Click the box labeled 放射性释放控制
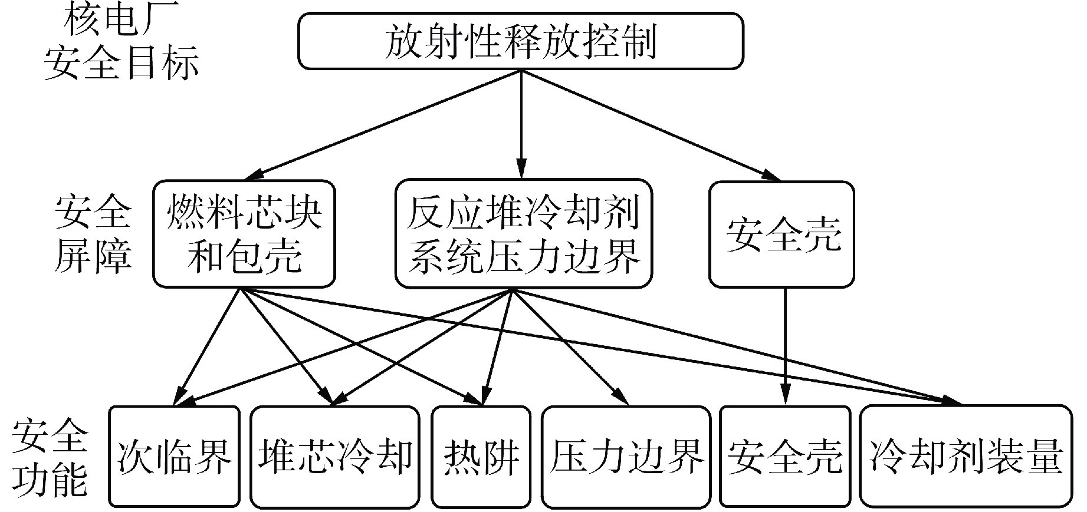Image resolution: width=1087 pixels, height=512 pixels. click(520, 42)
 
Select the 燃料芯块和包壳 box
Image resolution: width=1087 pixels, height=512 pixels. click(244, 234)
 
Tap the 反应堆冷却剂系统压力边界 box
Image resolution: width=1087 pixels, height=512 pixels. click(523, 234)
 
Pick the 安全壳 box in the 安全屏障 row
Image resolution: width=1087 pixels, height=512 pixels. click(781, 234)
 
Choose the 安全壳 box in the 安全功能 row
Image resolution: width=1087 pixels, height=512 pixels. click(785, 456)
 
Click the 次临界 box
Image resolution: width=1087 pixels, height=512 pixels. click(175, 456)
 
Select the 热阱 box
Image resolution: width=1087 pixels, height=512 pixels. click(482, 456)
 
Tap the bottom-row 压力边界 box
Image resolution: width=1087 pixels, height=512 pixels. click(626, 456)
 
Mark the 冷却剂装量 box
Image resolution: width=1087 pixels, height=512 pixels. click(966, 456)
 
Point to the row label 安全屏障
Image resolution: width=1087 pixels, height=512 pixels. click(93, 234)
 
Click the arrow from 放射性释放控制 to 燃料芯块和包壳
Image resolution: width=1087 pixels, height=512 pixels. click(383, 124)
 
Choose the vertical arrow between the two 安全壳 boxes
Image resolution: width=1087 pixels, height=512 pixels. click(785, 348)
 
